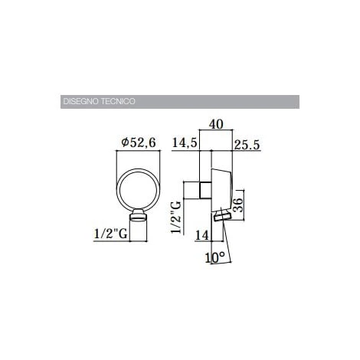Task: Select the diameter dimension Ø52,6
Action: point(140,142)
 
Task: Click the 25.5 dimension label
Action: point(247,142)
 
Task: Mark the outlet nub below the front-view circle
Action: point(139,217)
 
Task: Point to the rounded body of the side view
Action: point(223,188)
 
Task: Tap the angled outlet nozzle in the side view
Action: point(222,218)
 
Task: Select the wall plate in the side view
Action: point(211,188)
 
